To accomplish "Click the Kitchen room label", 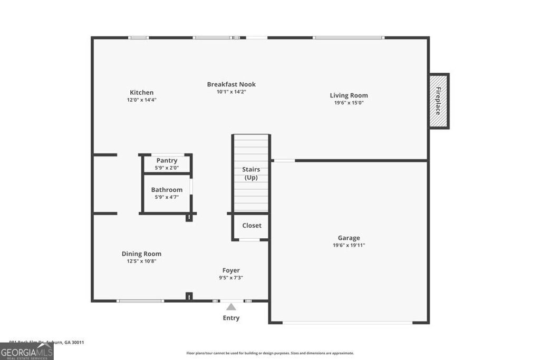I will coord(141,92).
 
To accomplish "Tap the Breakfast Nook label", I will coord(231,84).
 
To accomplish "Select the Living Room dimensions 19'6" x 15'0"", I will coord(349,103).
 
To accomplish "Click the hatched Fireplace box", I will coord(438,101).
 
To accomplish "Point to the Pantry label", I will coord(167,160).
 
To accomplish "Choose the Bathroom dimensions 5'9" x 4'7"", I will coord(167,197).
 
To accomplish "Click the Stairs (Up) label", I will coord(251,173).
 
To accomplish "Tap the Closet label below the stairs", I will coord(252,226).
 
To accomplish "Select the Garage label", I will coord(349,238).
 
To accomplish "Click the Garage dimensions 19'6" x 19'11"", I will coord(349,245).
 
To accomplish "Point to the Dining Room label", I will coord(141,254).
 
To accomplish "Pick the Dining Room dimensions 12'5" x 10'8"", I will coord(141,261).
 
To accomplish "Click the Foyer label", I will coord(231,270).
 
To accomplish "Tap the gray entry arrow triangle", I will coord(231,306).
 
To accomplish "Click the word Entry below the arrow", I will coord(231,318).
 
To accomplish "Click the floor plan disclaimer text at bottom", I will coord(270,353).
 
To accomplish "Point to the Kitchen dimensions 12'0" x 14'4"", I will coord(141,100).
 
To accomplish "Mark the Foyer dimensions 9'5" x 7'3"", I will coord(231,278).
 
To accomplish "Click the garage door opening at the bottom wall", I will coord(348,322).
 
